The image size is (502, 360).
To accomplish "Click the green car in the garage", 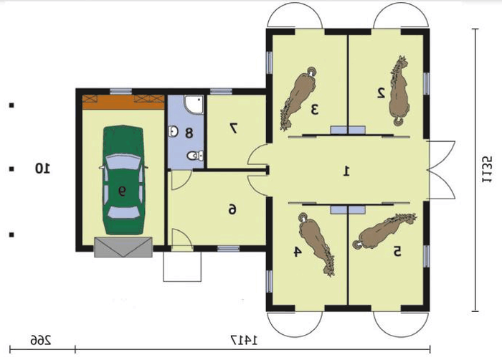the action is (x=123, y=180).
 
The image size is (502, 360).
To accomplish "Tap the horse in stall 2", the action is (x=399, y=90).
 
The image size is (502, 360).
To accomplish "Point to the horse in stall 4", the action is (x=316, y=244).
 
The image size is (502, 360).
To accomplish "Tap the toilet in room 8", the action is (x=194, y=156).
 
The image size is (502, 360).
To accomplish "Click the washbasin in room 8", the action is (x=174, y=131).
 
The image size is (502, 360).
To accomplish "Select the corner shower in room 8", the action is (x=194, y=105).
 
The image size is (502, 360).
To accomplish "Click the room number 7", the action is (x=233, y=128).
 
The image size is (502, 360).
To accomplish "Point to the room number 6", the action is (x=232, y=210).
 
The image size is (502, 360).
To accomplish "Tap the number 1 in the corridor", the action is (x=346, y=171).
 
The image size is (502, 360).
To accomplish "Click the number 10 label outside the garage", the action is (x=42, y=168).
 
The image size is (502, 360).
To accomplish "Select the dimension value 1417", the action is (x=244, y=340).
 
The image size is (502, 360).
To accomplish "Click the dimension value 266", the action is (x=41, y=340).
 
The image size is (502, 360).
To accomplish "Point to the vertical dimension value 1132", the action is (x=488, y=169).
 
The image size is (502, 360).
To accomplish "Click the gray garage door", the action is (x=123, y=247).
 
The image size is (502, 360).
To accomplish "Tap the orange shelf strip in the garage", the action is (x=123, y=102).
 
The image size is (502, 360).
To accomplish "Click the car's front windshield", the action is (x=123, y=162).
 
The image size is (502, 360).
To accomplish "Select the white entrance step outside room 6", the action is (x=182, y=267).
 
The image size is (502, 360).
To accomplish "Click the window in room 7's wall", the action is (x=221, y=91).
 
